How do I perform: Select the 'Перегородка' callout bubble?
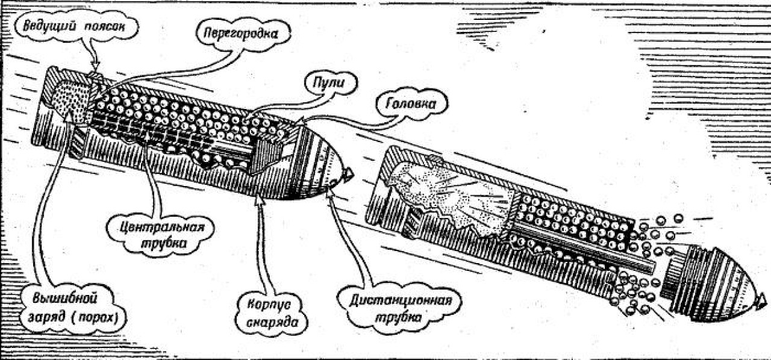(240, 33)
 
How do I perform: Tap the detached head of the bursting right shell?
(711, 280)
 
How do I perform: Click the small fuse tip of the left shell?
(348, 174)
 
